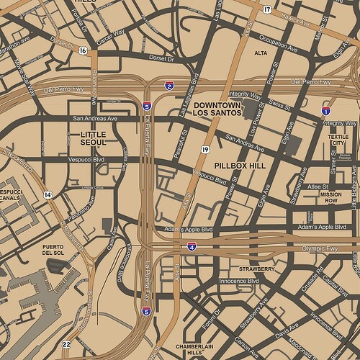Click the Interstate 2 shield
[168, 86]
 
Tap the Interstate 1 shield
[326, 111]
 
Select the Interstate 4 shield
[192, 246]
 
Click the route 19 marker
[205, 149]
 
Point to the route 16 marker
[84, 50]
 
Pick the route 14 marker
[48, 194]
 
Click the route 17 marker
[266, 9]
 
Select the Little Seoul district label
[94, 138]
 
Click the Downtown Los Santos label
[220, 109]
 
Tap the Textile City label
[338, 139]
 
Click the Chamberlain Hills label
[186, 349]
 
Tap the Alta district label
[261, 53]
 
